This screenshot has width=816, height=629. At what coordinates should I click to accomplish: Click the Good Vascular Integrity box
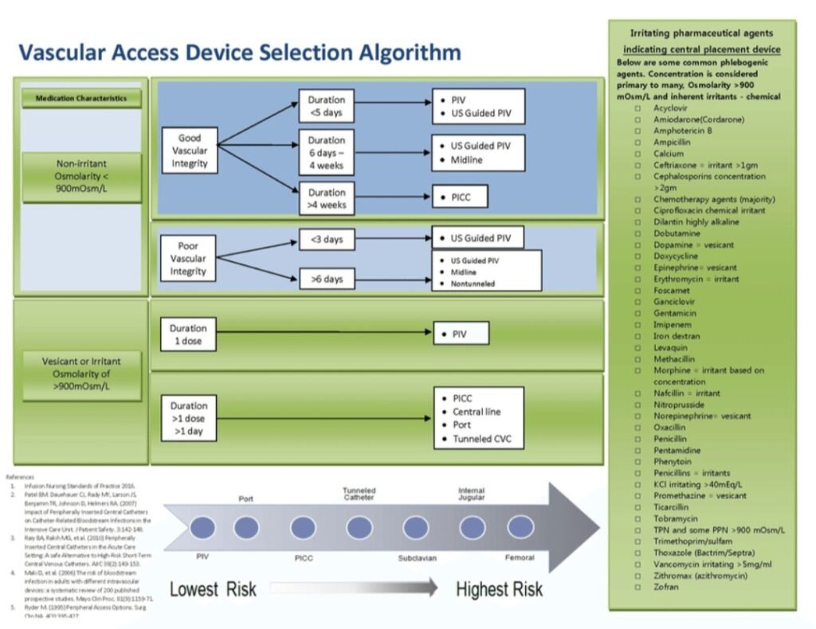point(190,150)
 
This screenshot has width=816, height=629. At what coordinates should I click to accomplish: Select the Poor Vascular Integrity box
point(188,259)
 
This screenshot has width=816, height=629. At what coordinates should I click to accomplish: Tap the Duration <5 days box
point(327,107)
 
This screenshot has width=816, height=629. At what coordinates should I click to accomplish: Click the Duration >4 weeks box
point(327,198)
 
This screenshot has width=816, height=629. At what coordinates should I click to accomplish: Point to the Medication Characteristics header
point(81,99)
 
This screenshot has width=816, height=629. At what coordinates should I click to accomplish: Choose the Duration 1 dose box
point(188,334)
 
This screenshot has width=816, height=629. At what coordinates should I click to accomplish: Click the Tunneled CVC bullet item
point(482,440)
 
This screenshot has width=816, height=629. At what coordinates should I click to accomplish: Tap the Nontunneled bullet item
point(473,283)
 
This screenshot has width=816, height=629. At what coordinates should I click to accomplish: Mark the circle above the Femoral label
point(520,527)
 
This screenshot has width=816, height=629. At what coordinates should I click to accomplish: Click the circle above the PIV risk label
point(202,527)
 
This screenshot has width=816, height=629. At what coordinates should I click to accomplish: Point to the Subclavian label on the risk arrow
point(418,558)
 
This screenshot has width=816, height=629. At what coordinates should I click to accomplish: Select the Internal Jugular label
point(471,494)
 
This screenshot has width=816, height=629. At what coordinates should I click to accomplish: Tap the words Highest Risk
point(499,589)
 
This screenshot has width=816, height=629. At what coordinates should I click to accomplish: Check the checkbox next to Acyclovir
point(638,108)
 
